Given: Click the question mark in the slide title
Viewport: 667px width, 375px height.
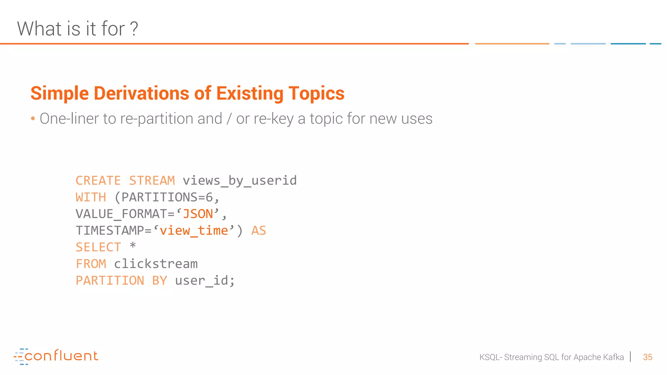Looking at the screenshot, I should coord(134,29).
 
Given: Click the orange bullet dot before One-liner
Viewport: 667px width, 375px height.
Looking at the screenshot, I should coord(33,119).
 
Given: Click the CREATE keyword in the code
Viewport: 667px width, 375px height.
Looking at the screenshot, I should coord(98,181).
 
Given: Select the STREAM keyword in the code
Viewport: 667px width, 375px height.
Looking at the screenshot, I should coord(152,181).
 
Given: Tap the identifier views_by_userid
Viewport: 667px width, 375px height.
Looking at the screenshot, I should coord(240,181).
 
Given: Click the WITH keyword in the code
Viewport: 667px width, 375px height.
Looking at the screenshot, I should coord(91,197).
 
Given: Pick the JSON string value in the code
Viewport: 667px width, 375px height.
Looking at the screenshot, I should coord(198,214).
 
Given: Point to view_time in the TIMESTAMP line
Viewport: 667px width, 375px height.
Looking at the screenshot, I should coord(194,231).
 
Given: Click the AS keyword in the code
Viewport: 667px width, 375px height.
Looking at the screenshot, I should coord(259,231).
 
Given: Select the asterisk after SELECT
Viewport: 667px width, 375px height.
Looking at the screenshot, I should coord(133,246).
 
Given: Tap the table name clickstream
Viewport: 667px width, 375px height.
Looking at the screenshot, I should coord(156,264).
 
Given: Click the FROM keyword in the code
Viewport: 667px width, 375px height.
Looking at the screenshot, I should coord(91,264).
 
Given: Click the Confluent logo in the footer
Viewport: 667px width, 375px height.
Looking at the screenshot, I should coord(56,356).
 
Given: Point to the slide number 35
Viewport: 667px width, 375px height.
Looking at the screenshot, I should coord(647,357).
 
